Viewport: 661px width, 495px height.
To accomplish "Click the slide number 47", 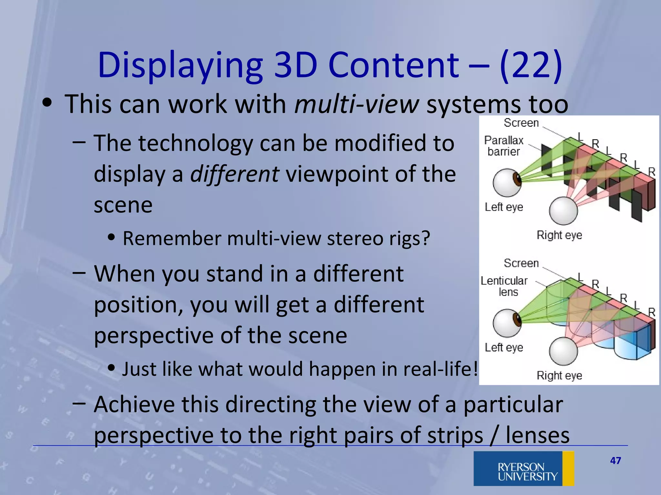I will [615, 461].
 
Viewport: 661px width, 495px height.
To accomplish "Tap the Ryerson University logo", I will [524, 468].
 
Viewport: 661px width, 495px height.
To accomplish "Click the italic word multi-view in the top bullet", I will [357, 104].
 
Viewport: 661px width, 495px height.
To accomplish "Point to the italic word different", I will [235, 174].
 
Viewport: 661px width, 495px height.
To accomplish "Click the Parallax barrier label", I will [503, 146].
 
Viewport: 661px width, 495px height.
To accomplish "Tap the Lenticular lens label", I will [504, 286].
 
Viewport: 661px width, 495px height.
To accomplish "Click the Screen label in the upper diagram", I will [521, 123].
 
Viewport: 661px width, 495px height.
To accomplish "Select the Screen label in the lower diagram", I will [521, 263].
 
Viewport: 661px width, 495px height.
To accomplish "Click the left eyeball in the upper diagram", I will [507, 182].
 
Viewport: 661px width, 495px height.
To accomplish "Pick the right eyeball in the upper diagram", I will [563, 211].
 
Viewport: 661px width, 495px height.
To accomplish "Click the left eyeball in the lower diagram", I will [507, 323].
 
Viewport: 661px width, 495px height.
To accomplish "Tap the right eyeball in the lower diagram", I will [563, 351].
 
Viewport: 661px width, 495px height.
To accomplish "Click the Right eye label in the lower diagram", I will [559, 375].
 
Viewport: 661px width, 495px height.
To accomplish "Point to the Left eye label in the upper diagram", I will [503, 207].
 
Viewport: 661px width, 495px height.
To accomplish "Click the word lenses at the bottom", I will [537, 435].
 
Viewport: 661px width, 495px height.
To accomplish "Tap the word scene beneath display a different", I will [123, 205].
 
